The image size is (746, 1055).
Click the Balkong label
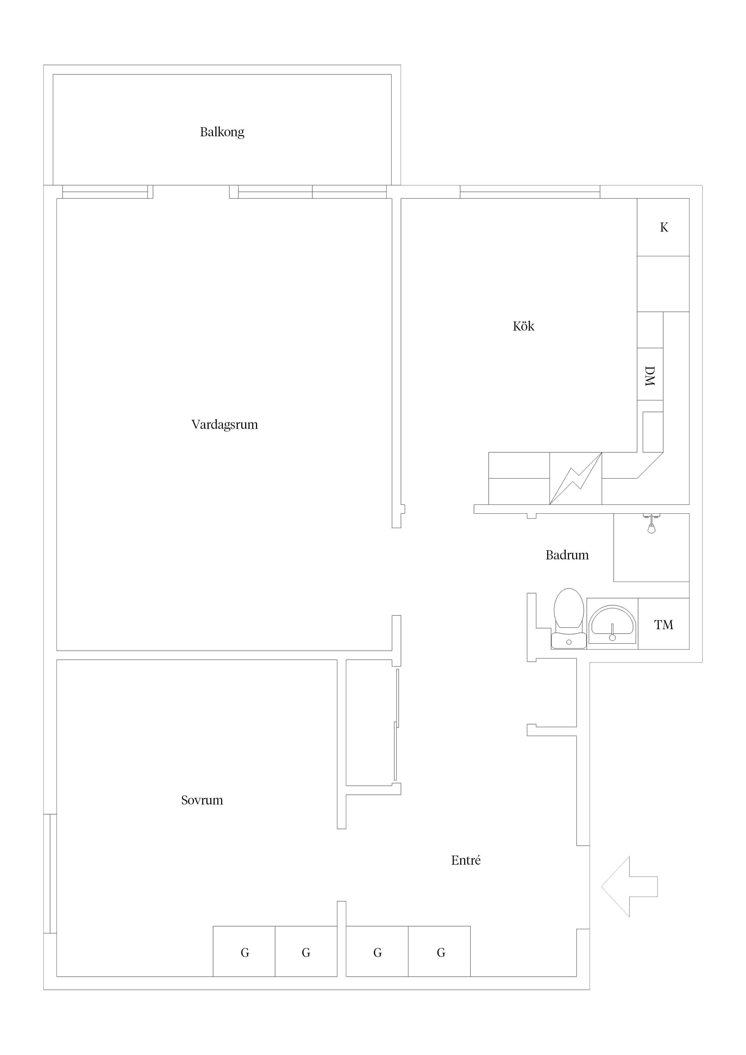click(222, 132)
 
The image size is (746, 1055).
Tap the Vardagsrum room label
click(225, 425)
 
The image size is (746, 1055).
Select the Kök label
click(523, 326)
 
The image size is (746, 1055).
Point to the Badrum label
click(567, 555)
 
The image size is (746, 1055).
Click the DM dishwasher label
click(650, 376)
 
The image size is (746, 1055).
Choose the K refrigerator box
click(663, 227)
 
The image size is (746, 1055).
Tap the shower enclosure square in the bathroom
click(651, 547)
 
